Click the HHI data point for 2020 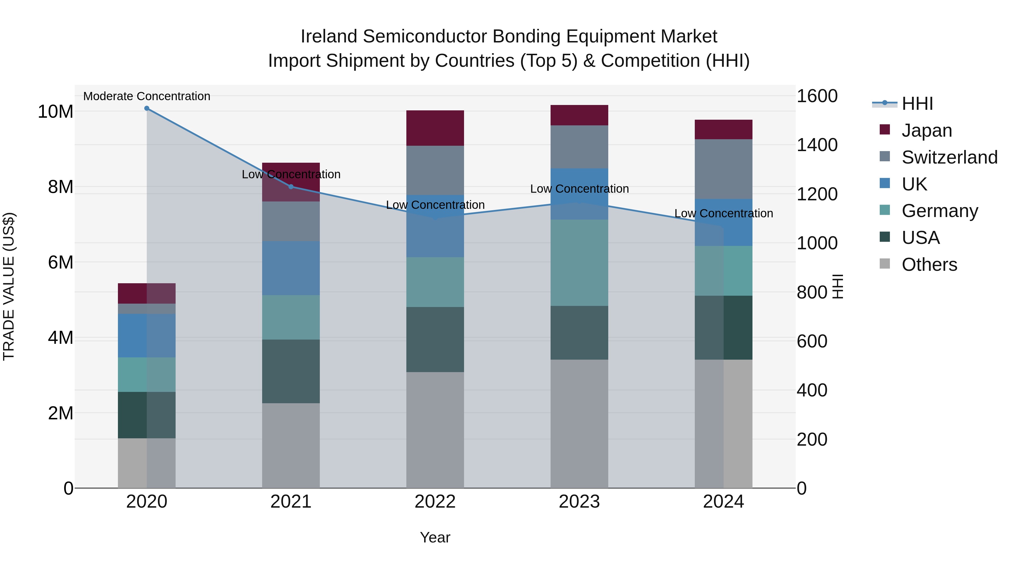click(x=146, y=108)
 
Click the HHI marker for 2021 click(x=291, y=187)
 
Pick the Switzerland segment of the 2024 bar click(x=723, y=169)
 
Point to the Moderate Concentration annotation click(x=146, y=96)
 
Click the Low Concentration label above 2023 click(x=579, y=189)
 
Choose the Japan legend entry click(x=926, y=130)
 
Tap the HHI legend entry click(x=917, y=104)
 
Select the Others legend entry click(x=929, y=265)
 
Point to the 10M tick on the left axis click(x=55, y=112)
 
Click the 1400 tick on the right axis click(x=816, y=145)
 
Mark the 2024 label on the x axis click(x=723, y=502)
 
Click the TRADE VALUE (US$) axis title click(x=9, y=286)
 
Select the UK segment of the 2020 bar click(x=146, y=336)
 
